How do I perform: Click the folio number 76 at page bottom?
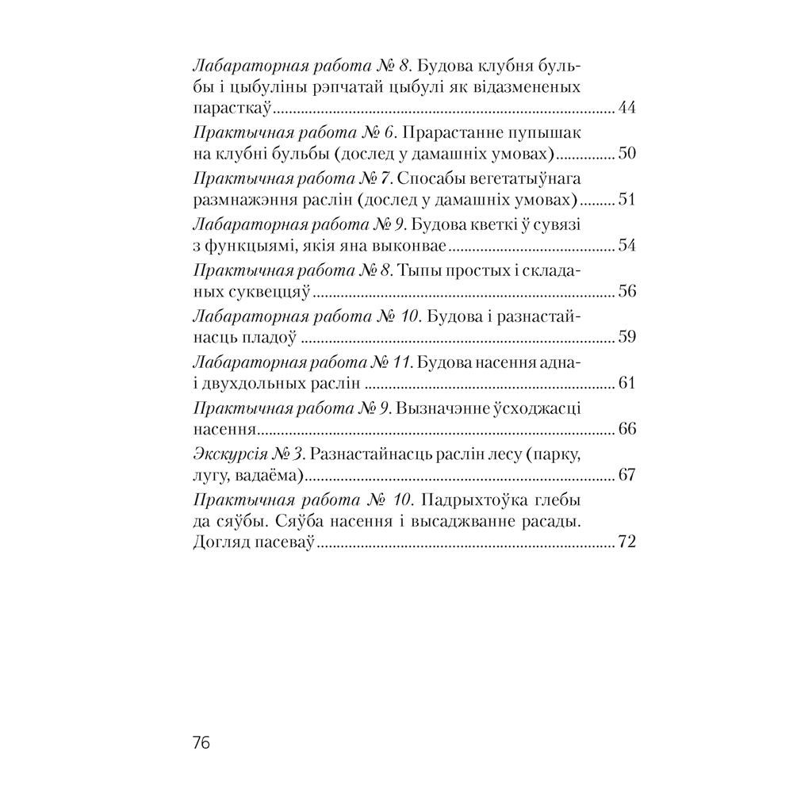199,744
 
